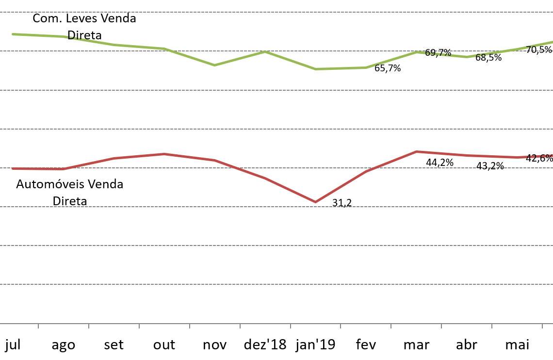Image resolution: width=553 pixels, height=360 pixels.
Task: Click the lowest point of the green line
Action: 315,69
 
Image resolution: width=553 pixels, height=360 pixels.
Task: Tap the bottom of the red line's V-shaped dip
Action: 315,202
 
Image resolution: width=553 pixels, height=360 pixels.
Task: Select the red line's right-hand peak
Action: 416,152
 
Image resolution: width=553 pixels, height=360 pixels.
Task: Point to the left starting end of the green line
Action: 13,34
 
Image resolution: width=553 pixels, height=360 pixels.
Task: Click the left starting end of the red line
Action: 13,169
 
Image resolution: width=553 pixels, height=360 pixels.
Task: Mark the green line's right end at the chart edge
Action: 552,42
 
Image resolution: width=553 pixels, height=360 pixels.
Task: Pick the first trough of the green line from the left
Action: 214,65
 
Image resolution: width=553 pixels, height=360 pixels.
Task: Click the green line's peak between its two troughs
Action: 265,51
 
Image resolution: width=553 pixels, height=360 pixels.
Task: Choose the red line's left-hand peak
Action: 165,154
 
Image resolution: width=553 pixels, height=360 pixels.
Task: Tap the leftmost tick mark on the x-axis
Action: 38,326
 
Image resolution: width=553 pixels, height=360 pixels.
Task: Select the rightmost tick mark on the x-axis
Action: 542,326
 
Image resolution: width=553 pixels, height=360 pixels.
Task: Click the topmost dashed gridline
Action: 276,12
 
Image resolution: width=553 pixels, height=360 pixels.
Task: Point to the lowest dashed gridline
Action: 276,284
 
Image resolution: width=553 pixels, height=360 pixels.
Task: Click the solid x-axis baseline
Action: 276,323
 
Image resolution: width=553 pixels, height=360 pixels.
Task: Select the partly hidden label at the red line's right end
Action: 539,156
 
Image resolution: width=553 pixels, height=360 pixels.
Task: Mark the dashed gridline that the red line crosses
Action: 146,168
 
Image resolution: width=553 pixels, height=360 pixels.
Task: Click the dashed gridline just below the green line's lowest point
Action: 276,90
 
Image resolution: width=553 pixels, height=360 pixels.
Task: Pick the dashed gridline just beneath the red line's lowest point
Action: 276,207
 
